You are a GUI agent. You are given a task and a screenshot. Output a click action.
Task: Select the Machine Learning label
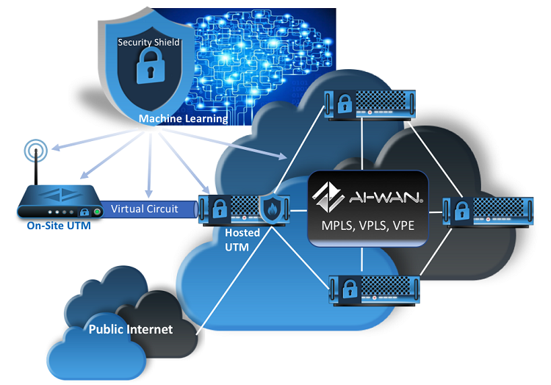tap(183, 118)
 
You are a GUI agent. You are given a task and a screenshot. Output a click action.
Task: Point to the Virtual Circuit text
tap(144, 209)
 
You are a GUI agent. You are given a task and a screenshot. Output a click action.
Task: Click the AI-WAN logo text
tap(367, 196)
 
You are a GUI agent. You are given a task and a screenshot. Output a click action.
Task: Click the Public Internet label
tap(130, 329)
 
